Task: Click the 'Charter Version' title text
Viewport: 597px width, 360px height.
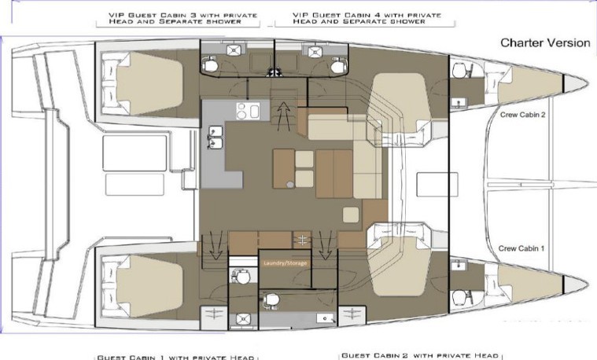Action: click(x=545, y=42)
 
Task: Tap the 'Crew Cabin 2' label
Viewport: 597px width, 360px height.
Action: click(x=523, y=115)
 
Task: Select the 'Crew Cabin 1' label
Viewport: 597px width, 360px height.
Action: click(x=521, y=248)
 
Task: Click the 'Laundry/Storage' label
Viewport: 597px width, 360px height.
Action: click(x=286, y=263)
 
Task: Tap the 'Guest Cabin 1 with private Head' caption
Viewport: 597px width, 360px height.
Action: click(x=175, y=358)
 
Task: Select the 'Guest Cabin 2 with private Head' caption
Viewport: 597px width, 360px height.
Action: click(x=420, y=355)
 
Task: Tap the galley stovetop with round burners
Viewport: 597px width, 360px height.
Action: click(x=248, y=111)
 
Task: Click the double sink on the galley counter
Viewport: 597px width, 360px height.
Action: click(x=215, y=137)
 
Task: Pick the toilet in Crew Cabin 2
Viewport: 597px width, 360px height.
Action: click(x=459, y=70)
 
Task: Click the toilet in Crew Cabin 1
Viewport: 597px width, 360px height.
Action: click(x=459, y=297)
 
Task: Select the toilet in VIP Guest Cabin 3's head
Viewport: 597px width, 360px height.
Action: click(x=210, y=65)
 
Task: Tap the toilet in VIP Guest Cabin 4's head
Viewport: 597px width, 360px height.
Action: click(x=337, y=66)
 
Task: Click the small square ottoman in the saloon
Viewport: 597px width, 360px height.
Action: click(x=351, y=215)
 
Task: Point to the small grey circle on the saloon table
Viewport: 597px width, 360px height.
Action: click(x=290, y=185)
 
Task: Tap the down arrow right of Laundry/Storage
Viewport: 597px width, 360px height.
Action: click(x=325, y=245)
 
